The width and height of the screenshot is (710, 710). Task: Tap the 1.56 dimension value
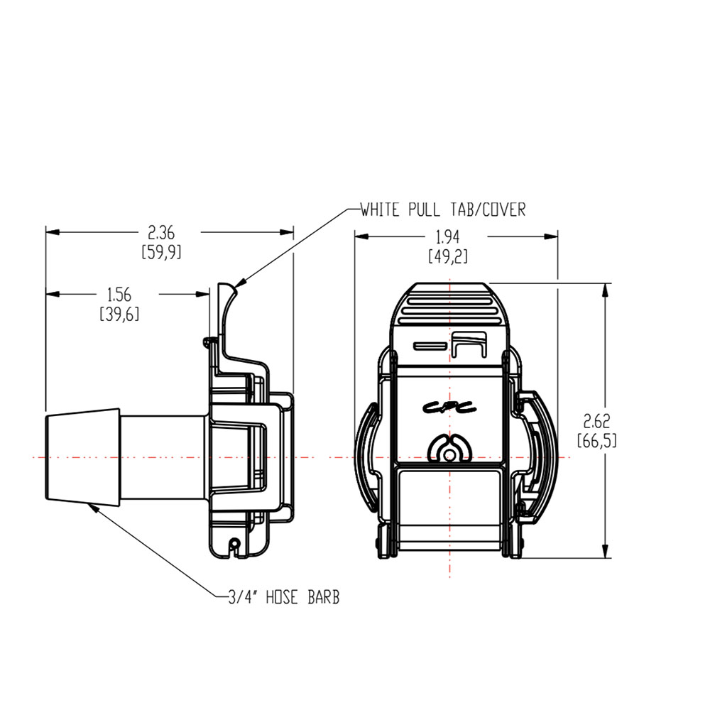119,294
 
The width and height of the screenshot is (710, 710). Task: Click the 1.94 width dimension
447,239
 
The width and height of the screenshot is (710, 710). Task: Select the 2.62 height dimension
596,420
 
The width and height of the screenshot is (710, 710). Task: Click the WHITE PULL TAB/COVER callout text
442,210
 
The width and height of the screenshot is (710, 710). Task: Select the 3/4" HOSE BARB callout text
283,598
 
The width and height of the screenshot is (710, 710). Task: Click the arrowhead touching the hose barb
91,506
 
